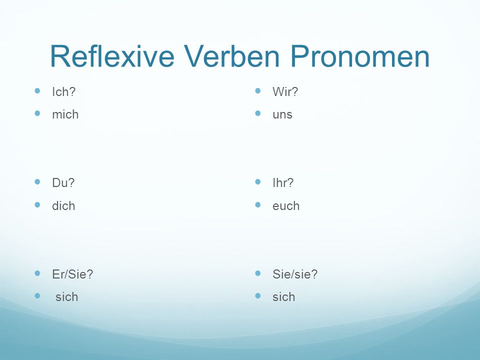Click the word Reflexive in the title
112,56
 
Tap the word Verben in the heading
231,56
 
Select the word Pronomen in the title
360,56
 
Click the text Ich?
63,91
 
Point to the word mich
65,114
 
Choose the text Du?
63,183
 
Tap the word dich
63,205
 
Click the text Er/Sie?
72,274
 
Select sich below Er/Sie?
66,296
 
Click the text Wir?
285,91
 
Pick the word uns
282,114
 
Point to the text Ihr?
283,183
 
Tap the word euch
286,205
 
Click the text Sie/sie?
295,274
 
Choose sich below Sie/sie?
284,296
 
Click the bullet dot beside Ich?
37,90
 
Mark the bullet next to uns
258,113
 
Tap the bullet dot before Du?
37,182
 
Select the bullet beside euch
258,204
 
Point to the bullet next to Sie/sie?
258,273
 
